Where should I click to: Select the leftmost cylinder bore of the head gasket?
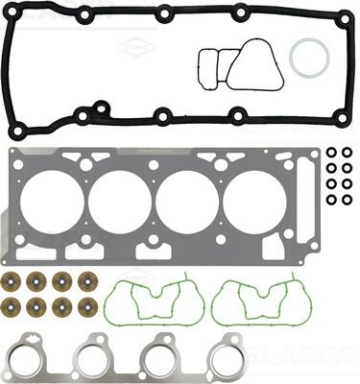(x=57, y=202)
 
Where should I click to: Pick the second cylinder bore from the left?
(x=121, y=202)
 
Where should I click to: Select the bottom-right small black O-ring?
(x=346, y=201)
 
